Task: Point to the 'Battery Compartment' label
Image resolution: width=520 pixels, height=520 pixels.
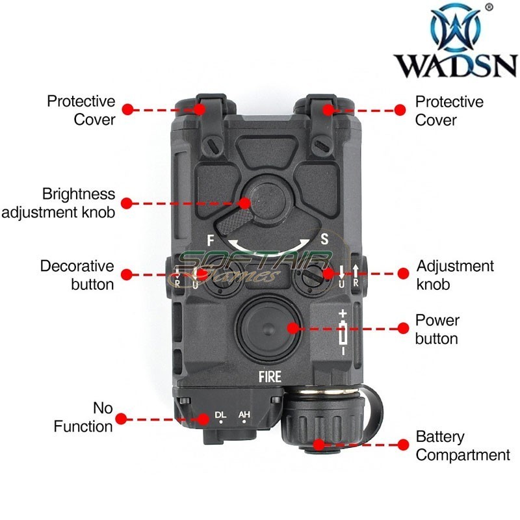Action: tap(462, 446)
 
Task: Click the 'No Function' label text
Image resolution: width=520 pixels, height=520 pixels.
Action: tap(83, 417)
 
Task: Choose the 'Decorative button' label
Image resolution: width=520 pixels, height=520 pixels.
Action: tap(77, 276)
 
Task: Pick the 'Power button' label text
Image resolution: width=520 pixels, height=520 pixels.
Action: tap(437, 330)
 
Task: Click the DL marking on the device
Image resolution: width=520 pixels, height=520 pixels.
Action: tap(221, 414)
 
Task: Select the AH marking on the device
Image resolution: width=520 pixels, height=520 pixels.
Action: tap(244, 414)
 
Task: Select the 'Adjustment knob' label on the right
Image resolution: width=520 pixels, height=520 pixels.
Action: tap(455, 276)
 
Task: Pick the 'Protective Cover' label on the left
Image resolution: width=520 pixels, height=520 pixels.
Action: tap(81, 110)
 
